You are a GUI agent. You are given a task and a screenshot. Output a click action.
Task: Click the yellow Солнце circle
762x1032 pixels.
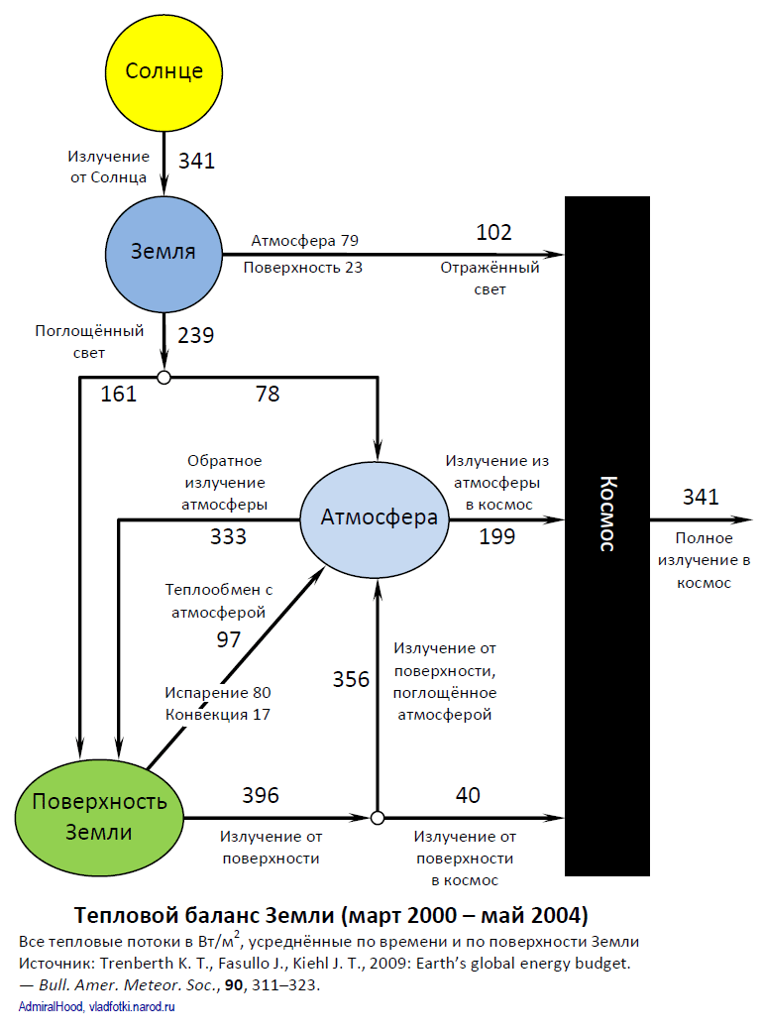(164, 71)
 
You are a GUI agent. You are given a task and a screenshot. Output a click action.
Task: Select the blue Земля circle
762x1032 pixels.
(164, 252)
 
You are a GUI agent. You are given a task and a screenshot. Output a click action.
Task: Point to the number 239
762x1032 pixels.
(196, 335)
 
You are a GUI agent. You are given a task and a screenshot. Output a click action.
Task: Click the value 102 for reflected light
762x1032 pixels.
(493, 232)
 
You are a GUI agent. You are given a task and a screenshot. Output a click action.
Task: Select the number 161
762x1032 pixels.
(118, 395)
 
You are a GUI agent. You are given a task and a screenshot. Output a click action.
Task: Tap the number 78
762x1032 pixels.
(268, 395)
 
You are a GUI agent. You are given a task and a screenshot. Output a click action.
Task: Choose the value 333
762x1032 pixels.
(228, 537)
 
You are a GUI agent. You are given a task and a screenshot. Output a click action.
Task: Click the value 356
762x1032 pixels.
(351, 680)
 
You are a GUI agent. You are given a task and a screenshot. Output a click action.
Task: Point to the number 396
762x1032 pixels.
(261, 795)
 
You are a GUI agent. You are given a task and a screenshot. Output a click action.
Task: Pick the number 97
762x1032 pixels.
(228, 639)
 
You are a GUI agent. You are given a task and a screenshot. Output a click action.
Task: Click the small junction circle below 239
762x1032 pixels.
(164, 377)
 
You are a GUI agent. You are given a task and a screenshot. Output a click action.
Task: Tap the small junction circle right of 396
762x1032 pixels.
(377, 818)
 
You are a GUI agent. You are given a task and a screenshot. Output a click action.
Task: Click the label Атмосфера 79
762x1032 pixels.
(304, 241)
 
